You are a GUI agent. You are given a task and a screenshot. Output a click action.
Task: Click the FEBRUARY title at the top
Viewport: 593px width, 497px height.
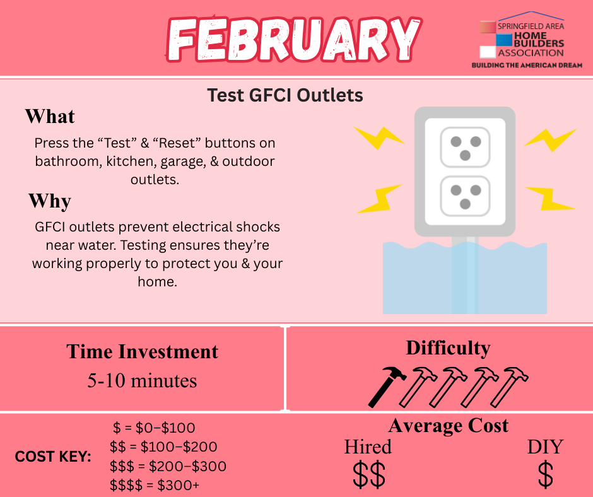[x=294, y=39]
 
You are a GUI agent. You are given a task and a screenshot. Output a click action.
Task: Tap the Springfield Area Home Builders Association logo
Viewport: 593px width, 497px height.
[x=527, y=40]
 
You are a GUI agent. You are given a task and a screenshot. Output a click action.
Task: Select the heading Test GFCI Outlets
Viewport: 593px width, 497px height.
[x=285, y=95]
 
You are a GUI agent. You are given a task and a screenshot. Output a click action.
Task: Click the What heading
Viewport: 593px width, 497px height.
[x=50, y=117]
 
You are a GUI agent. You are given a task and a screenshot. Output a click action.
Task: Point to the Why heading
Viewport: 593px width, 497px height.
[x=50, y=201]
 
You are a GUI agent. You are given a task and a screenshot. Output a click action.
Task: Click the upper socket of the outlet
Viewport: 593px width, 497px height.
[x=465, y=147]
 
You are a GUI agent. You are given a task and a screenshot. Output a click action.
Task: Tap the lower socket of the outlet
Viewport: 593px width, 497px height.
[x=465, y=196]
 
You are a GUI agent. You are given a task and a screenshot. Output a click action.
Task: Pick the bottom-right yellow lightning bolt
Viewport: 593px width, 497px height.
[x=551, y=198]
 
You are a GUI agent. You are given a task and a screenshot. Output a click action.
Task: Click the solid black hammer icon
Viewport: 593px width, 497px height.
[x=387, y=387]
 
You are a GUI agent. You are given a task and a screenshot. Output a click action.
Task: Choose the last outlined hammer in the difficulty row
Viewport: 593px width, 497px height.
[x=509, y=387]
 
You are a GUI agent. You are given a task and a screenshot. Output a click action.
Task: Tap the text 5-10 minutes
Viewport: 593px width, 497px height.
[x=142, y=380]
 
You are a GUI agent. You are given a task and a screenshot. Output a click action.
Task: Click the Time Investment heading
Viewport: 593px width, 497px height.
[x=142, y=352]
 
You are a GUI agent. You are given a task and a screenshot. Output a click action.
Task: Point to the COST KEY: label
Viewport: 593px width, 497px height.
[x=53, y=457]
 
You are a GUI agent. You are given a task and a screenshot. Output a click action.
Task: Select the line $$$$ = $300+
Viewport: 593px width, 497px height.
[x=155, y=485]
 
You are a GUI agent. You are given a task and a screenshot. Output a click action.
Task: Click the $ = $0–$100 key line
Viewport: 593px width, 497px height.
[x=154, y=428]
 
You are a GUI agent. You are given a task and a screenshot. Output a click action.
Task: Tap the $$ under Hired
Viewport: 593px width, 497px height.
[x=369, y=474]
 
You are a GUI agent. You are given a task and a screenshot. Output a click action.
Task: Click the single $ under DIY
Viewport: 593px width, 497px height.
[x=545, y=474]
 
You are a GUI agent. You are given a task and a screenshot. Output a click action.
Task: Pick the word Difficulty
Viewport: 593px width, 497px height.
[x=448, y=348]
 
